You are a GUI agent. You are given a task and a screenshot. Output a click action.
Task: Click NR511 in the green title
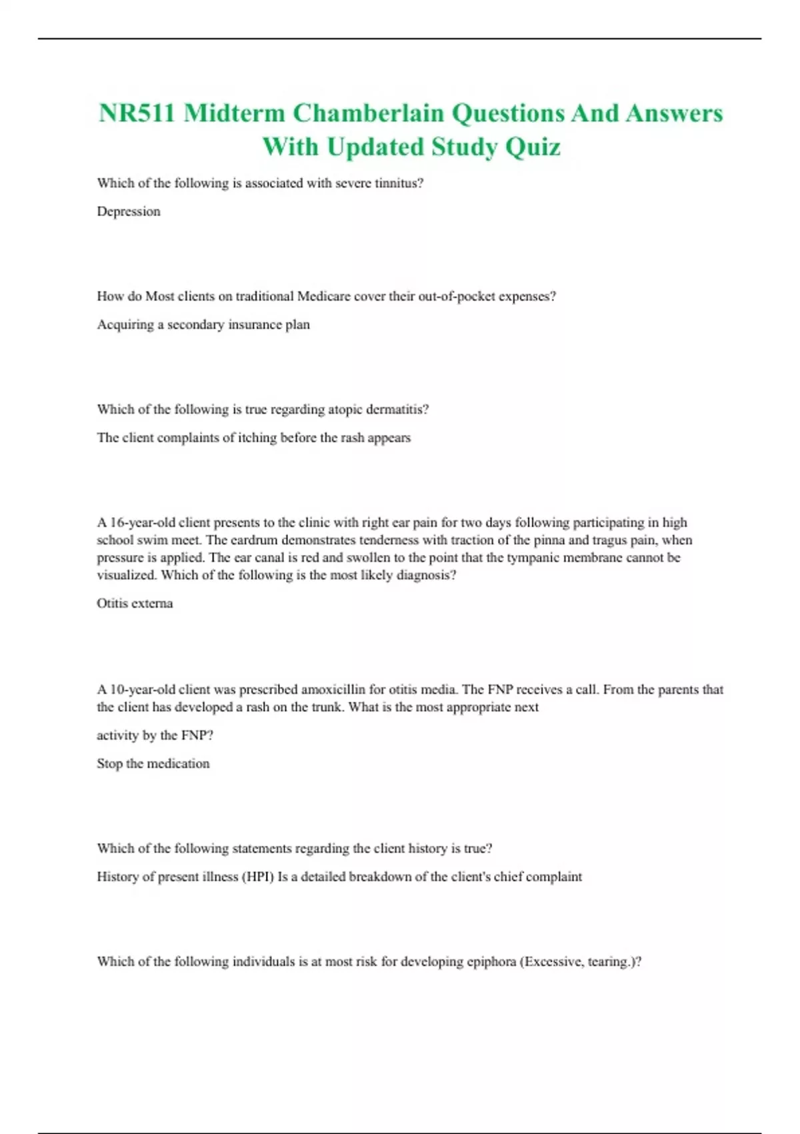(137, 113)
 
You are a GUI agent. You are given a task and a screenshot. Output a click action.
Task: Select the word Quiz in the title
(533, 147)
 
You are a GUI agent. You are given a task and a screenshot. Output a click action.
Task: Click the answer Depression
(129, 211)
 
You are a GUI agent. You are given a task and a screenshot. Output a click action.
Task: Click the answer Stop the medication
(153, 764)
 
